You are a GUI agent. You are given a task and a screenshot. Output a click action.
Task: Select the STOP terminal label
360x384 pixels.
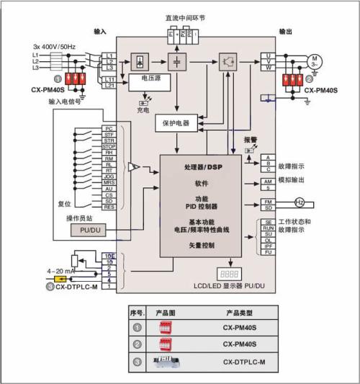[109, 146]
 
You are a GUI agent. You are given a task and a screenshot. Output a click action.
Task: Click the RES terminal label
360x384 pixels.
[109, 207]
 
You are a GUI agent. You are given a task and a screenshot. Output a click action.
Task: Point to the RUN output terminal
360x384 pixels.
[268, 227]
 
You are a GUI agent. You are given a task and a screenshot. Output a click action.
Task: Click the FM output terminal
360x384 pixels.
[268, 201]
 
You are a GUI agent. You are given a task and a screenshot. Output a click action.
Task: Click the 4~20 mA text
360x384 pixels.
[61, 272]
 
